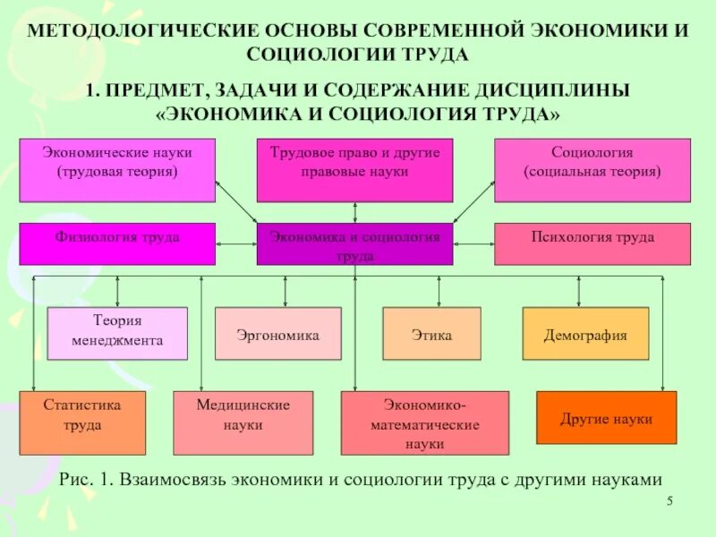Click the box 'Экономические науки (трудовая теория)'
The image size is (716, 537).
(117, 170)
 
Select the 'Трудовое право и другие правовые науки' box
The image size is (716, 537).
(354, 170)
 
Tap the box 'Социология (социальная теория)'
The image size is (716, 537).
(592, 170)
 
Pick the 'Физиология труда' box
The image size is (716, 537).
(117, 243)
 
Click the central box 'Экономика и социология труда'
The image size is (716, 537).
(354, 244)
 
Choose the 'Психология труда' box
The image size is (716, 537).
(592, 243)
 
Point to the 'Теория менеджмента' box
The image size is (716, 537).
(117, 333)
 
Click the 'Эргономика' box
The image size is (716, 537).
(278, 333)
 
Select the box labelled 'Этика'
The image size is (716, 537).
(430, 333)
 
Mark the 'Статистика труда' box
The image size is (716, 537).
(82, 422)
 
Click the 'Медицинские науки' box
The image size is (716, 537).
(243, 422)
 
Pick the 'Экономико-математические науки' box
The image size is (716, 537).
(424, 422)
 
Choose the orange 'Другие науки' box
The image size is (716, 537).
(606, 418)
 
